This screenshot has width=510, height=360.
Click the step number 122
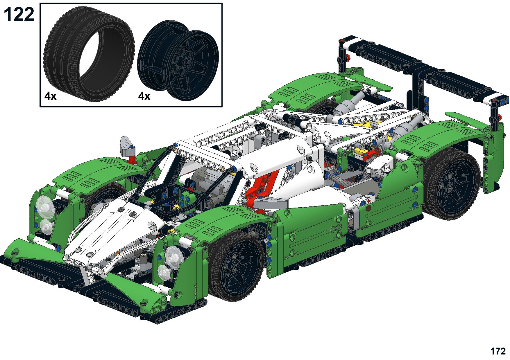coord(19,15)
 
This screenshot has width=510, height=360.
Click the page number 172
coord(498,351)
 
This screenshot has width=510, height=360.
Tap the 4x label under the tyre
coord(51,96)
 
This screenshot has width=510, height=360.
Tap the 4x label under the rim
coord(144,96)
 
